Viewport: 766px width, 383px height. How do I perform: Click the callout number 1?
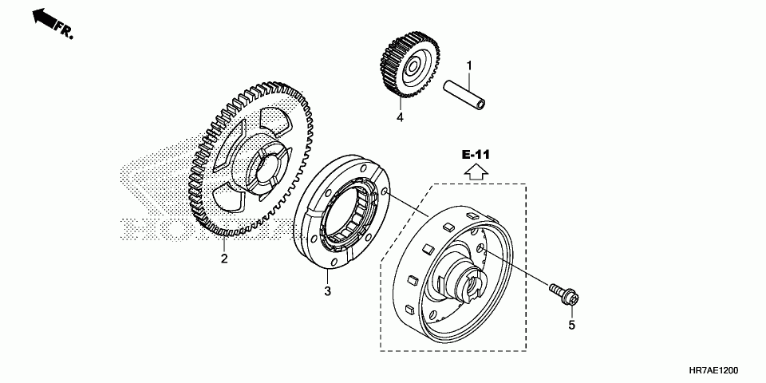tap(470, 65)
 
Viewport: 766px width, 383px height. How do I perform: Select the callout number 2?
tap(224, 258)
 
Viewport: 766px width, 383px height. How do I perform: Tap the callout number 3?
tap(327, 291)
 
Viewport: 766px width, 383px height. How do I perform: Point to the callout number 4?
tap(401, 117)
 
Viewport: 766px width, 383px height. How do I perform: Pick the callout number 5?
tap(571, 325)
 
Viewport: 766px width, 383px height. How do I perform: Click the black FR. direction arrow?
tap(45, 20)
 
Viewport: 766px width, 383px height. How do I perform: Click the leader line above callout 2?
tap(224, 243)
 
